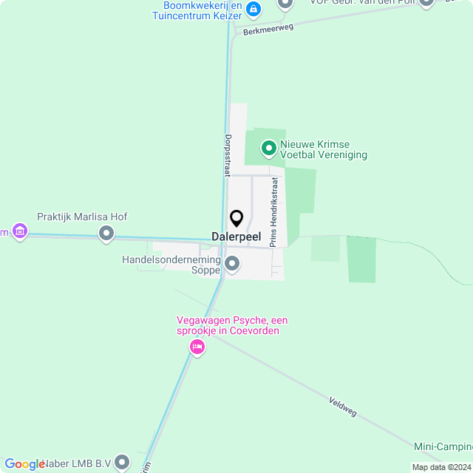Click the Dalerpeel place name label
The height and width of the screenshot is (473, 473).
(236, 236)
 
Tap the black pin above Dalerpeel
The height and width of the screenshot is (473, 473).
(236, 218)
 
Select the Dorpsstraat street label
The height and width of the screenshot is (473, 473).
(227, 154)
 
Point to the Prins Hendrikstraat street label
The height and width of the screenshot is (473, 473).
(274, 211)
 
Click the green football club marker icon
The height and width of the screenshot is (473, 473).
(269, 149)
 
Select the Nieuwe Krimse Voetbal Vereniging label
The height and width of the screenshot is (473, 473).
(324, 149)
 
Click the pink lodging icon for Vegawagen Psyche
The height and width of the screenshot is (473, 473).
(197, 346)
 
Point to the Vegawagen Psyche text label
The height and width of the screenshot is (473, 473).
(232, 325)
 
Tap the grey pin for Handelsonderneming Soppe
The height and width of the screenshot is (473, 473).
(232, 263)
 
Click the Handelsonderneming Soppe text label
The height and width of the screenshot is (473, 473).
(172, 265)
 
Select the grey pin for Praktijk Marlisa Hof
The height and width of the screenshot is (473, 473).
(106, 234)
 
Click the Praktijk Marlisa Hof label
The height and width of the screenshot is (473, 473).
(82, 217)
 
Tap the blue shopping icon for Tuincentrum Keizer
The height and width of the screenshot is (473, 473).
(253, 9)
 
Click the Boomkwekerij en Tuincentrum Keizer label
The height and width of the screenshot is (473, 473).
(197, 9)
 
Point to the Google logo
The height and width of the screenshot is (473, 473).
(24, 464)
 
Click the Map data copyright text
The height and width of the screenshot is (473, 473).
(441, 467)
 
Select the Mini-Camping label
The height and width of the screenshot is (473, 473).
(443, 446)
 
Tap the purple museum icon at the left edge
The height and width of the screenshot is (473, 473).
(20, 234)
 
